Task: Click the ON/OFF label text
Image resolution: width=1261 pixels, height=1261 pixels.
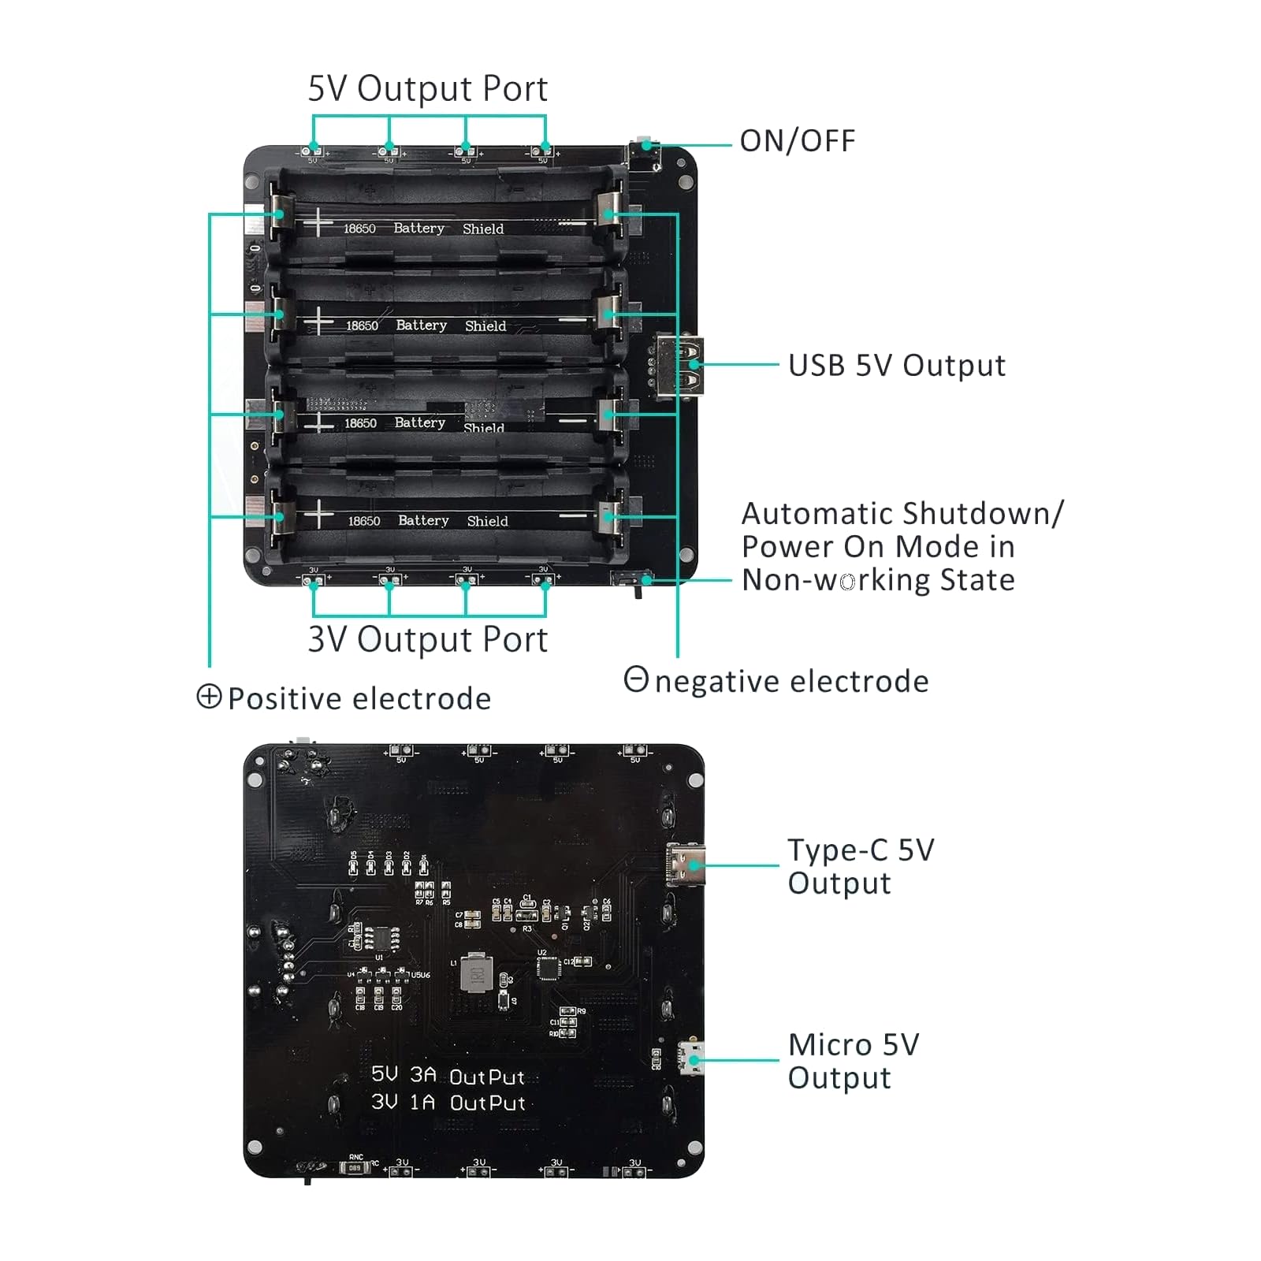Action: (797, 141)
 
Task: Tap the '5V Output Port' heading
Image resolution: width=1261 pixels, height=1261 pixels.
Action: (427, 88)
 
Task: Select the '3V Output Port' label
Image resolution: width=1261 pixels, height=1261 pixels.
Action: (427, 639)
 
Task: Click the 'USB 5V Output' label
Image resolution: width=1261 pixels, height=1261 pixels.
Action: (897, 366)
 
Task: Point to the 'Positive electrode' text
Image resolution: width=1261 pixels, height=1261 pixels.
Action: (359, 699)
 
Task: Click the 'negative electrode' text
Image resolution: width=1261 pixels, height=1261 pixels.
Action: (791, 682)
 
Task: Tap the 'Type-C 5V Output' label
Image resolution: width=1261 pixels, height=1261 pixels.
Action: (861, 866)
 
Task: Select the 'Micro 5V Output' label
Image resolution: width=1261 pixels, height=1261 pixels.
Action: (854, 1061)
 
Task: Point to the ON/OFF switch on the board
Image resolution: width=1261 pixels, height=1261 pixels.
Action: (645, 149)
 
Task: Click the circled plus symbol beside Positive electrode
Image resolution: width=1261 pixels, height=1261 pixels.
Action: (209, 697)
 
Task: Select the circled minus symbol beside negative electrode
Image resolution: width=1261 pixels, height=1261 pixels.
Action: (636, 679)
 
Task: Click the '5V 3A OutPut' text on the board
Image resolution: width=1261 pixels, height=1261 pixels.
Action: (448, 1076)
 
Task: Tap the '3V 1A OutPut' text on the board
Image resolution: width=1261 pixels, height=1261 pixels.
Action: (448, 1102)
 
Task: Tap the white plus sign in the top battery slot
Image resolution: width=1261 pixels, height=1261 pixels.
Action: (318, 222)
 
